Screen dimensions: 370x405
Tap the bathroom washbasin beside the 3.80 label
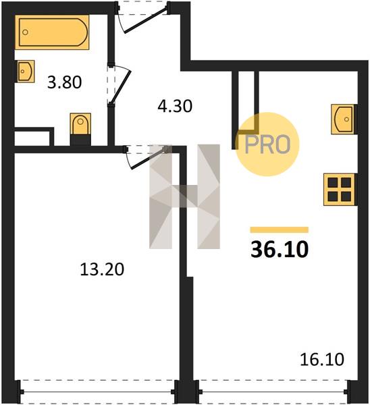coord(26,72)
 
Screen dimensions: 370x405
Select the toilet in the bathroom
coord(80,124)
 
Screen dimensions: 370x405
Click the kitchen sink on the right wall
coord(342,119)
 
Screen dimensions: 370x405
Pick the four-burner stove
coord(339,190)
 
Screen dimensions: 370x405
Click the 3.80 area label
coord(65,82)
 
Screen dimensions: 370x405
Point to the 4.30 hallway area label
coord(175,106)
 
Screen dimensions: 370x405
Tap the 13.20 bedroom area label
coord(102,269)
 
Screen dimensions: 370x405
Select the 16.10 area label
coord(322,359)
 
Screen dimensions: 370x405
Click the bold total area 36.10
coord(280,249)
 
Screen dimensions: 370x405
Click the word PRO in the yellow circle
coord(267,144)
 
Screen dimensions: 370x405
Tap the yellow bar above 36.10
coord(280,230)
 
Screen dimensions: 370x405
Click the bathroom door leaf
coord(121,86)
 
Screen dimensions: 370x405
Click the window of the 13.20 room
coord(99,391)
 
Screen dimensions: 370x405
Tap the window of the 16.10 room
coord(273,391)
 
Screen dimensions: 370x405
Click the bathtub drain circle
coord(25,32)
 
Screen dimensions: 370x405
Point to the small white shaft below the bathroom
coord(32,138)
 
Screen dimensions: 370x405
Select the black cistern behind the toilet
coord(80,140)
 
